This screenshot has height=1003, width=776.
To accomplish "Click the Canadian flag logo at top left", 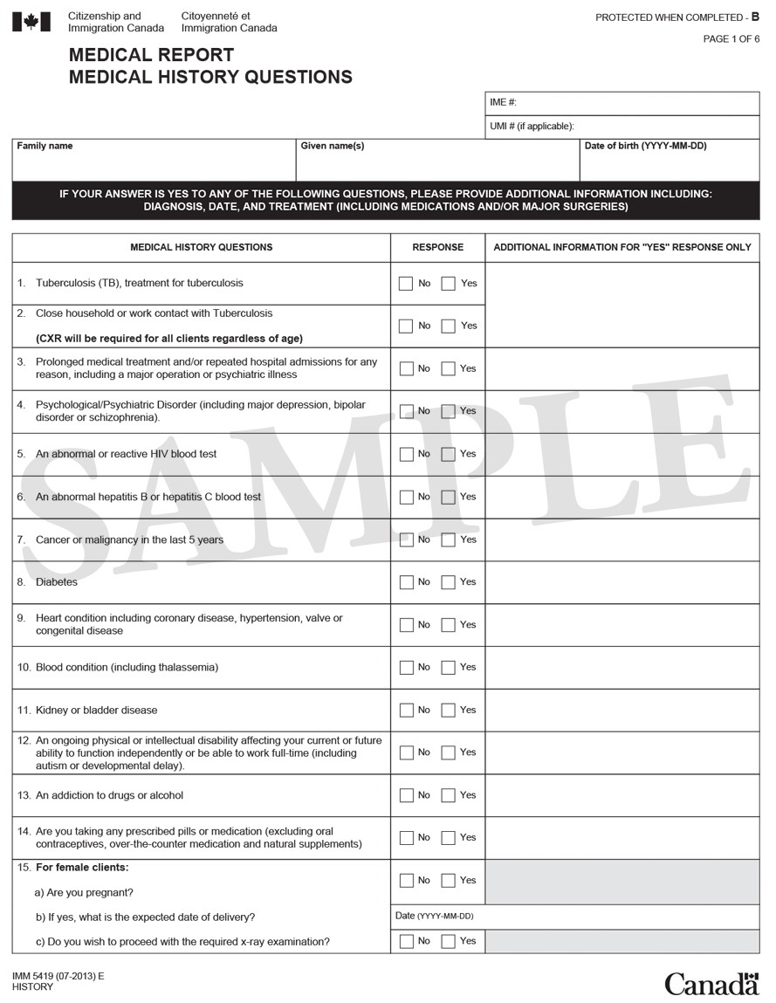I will pyautogui.click(x=31, y=22).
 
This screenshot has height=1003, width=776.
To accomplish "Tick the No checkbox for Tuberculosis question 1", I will pyautogui.click(x=406, y=284).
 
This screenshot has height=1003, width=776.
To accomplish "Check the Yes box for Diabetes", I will pyautogui.click(x=449, y=582).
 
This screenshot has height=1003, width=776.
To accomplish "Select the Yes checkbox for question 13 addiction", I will pyautogui.click(x=449, y=795).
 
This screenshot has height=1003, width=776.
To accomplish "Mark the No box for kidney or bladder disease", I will pyautogui.click(x=406, y=711).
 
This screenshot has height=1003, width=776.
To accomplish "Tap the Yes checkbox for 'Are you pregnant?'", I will pyautogui.click(x=449, y=881).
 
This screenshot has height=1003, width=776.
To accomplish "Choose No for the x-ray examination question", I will pyautogui.click(x=406, y=941).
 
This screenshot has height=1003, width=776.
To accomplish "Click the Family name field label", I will pyautogui.click(x=45, y=146).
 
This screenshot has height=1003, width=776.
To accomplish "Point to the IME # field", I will pyautogui.click(x=621, y=103).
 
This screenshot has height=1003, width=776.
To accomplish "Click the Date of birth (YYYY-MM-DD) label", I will pyautogui.click(x=645, y=146).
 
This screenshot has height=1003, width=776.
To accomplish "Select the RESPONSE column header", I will pyautogui.click(x=437, y=247).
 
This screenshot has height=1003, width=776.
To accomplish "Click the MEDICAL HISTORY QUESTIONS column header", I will pyautogui.click(x=201, y=247).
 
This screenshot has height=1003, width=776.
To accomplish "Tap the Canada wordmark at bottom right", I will pyautogui.click(x=711, y=984).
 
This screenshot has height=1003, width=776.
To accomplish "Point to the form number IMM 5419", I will pyautogui.click(x=58, y=975).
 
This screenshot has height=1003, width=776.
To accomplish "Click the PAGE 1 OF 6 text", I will pyautogui.click(x=731, y=39).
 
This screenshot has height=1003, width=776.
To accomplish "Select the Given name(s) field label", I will pyautogui.click(x=332, y=146).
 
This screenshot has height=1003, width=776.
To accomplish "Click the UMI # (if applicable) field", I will pyautogui.click(x=621, y=127).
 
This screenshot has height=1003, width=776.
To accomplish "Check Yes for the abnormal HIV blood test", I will pyautogui.click(x=449, y=454).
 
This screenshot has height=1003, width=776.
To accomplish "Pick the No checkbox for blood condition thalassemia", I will pyautogui.click(x=406, y=668).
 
